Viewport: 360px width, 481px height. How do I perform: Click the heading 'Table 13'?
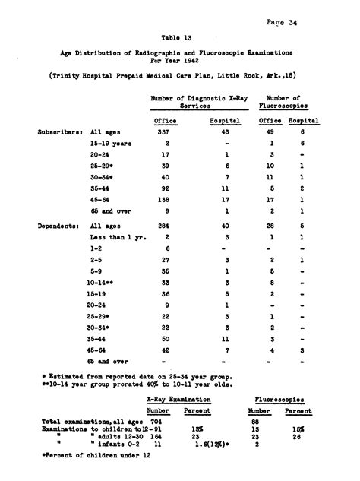[x=176, y=36]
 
